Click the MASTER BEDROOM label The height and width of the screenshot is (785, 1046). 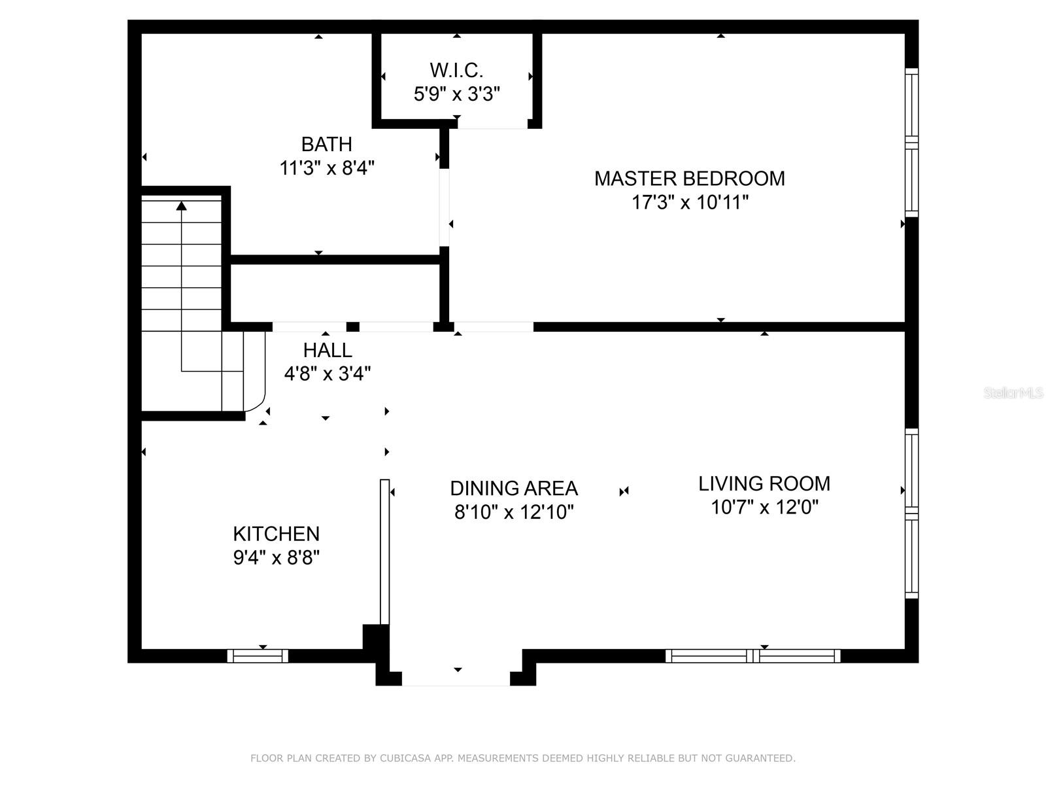(x=689, y=179)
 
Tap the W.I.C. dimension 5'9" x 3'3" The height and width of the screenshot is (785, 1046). (x=456, y=94)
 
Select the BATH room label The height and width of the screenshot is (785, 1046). (x=326, y=144)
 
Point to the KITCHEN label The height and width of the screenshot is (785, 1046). (x=276, y=534)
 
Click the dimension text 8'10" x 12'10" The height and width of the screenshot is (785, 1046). (x=514, y=512)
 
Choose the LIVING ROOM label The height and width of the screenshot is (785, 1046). (x=764, y=484)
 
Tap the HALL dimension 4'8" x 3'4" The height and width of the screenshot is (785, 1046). (x=327, y=374)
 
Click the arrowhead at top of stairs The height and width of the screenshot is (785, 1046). (x=182, y=206)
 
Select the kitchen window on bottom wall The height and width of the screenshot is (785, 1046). (x=258, y=655)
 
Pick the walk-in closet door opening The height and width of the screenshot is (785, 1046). (x=492, y=124)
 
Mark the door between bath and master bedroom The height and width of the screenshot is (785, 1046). (x=445, y=207)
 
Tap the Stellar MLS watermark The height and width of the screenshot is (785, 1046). (x=1013, y=392)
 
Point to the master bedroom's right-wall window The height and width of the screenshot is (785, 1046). (x=911, y=143)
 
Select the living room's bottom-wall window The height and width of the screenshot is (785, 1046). (x=753, y=655)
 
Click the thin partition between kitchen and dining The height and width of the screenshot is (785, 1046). (x=384, y=551)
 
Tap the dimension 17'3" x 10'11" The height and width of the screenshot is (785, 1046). (x=689, y=203)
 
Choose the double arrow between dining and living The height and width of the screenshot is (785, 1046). (x=624, y=491)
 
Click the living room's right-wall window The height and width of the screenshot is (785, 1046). (x=911, y=514)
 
